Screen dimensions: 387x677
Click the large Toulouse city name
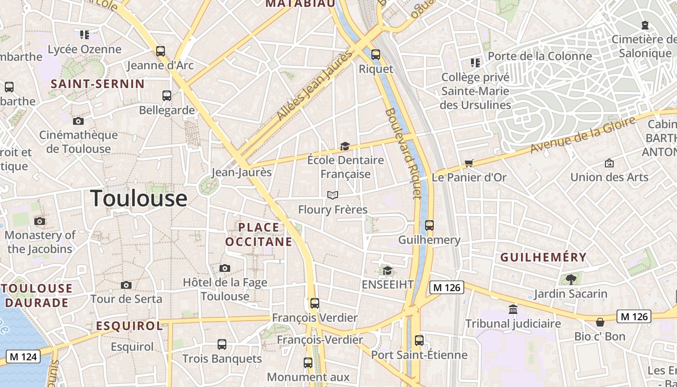point(139,198)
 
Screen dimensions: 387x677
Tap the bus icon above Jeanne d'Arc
point(160,51)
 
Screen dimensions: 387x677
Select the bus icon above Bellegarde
point(167,95)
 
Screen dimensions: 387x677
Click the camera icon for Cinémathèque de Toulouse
point(78,121)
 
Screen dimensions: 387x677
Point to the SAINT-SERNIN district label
point(98,84)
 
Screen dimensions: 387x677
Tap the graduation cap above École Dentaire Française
point(345,146)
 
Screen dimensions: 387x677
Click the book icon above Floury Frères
point(332,195)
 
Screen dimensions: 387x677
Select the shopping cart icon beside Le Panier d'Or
point(468,164)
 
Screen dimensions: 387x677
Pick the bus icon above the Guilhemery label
point(429,225)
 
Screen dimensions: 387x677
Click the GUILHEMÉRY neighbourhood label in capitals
point(544,257)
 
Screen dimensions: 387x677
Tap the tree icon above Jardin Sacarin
point(571,279)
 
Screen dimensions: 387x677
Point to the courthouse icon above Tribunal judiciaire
point(513,309)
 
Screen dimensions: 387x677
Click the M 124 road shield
point(23,357)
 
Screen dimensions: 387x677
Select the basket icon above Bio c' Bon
point(600,322)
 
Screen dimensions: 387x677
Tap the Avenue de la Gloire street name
point(583,135)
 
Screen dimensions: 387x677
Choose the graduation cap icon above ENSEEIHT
point(387,270)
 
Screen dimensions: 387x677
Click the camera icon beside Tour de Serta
point(126,285)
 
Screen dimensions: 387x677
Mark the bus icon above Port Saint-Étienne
point(419,341)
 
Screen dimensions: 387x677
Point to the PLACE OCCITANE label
point(259,234)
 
